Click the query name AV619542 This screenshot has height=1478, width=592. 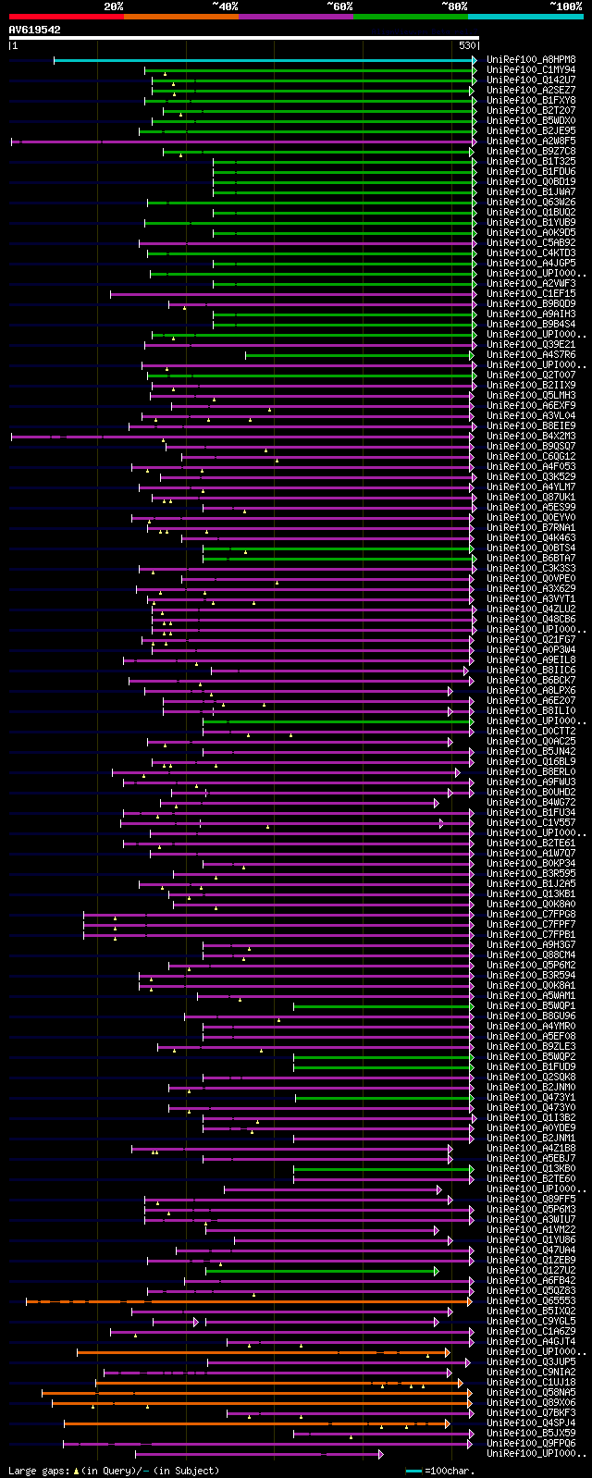coord(35,30)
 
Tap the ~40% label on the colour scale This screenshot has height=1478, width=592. coord(225,6)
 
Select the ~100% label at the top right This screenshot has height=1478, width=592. coord(565,6)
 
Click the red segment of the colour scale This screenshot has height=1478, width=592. coord(65,16)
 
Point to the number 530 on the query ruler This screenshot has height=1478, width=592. coord(466,45)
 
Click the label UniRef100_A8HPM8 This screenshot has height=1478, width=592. coord(531,60)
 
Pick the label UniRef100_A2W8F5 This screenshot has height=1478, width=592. coord(531,142)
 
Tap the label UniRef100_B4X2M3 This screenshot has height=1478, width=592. coord(531,437)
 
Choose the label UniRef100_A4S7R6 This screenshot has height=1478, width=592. coord(531,355)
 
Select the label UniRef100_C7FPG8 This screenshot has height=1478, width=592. coord(531,915)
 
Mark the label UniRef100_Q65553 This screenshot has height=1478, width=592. coord(531,1301)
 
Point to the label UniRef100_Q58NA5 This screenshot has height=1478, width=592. coord(531,1393)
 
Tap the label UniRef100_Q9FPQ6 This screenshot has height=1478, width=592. coord(531,1444)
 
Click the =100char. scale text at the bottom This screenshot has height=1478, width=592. coord(453,1471)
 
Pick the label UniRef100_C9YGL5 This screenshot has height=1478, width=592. coord(531,1322)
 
